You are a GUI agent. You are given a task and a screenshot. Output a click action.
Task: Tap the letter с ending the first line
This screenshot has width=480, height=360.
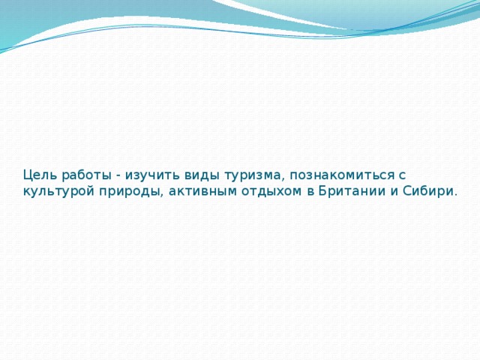401,175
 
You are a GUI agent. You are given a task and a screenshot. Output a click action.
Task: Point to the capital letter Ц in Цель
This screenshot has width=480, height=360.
27,175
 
